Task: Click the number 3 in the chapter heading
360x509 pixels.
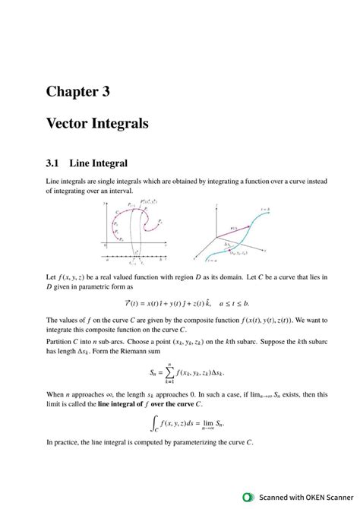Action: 105,92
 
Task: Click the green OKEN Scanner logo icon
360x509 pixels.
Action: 248,497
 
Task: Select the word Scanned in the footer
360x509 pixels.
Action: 270,497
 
